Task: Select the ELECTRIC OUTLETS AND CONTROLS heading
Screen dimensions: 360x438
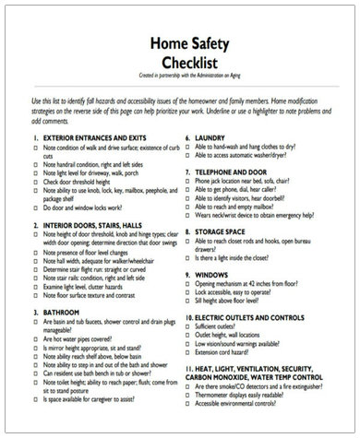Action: (262, 317)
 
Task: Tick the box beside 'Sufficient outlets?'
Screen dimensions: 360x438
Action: (191, 327)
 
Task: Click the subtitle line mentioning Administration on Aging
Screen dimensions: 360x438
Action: (181, 75)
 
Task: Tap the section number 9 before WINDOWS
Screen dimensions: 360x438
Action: (186, 276)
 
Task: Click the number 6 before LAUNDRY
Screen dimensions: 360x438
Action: (186, 136)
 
